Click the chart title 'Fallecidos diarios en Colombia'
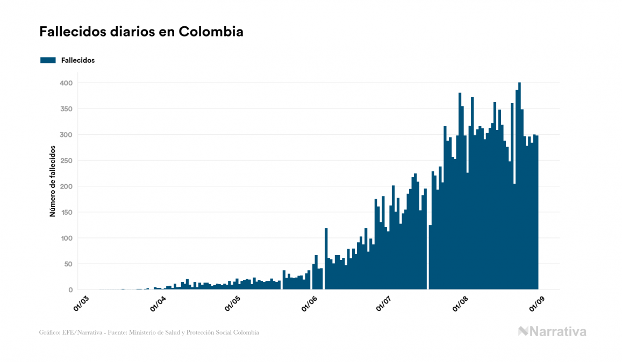point(141,32)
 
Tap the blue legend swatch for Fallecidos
point(48,60)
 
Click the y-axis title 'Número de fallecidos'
point(53,180)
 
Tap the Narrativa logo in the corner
point(552,331)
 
